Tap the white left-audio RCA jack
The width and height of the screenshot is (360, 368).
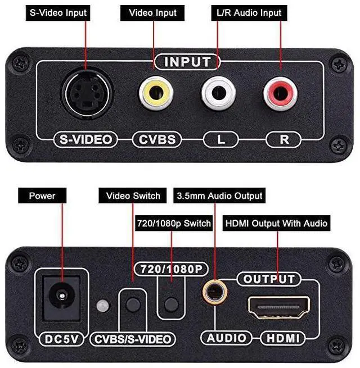click(218, 93)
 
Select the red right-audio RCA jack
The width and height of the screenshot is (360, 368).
click(280, 93)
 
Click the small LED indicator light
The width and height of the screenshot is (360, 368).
click(102, 306)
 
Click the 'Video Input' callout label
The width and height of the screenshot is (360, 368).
click(152, 12)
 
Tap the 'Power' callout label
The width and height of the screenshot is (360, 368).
click(43, 196)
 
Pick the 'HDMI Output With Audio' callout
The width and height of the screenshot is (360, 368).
click(276, 223)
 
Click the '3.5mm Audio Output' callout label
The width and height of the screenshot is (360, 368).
click(219, 196)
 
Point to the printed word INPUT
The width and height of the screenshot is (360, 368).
click(188, 61)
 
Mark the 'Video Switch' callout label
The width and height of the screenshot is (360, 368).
click(133, 196)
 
